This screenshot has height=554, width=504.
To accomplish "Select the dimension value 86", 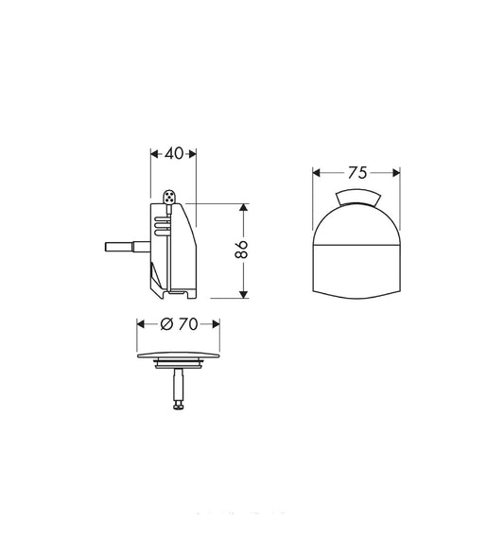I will [x=242, y=250].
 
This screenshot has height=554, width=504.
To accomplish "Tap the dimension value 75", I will [x=356, y=173].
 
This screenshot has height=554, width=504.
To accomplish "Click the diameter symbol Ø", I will [x=166, y=324].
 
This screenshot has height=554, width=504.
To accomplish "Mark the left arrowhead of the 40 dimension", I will [x=154, y=153].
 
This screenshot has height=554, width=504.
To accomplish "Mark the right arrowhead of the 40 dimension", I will [x=193, y=153].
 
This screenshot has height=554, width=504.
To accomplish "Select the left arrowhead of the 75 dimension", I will [x=318, y=173].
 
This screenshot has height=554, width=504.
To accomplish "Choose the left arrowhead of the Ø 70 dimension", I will [x=142, y=324].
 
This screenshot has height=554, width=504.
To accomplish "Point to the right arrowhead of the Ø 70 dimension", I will [x=221, y=324].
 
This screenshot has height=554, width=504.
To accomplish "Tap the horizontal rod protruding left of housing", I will [x=122, y=249].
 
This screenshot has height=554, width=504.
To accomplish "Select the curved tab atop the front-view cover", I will [x=356, y=196].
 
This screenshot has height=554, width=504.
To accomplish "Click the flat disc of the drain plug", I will [x=181, y=357].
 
